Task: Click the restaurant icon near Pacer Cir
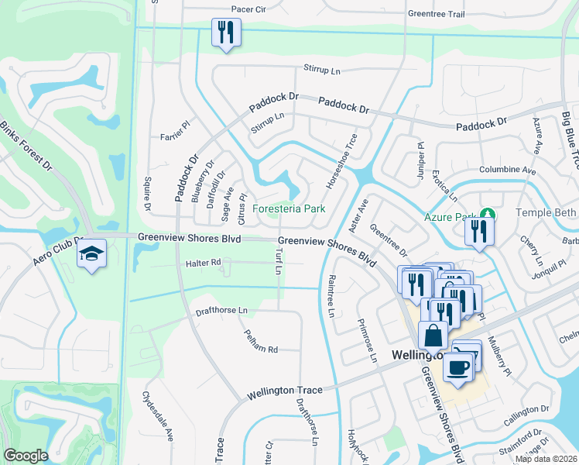click(x=226, y=33)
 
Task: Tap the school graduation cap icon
click(x=92, y=253)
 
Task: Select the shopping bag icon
click(x=433, y=335)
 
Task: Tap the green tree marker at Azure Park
click(x=487, y=215)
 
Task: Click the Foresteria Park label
click(x=289, y=208)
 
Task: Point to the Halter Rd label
click(x=204, y=263)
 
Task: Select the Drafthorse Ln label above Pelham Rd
click(x=221, y=310)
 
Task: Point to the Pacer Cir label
click(x=248, y=9)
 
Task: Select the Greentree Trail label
click(x=436, y=14)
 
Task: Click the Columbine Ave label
click(x=507, y=170)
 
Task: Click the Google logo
click(x=26, y=456)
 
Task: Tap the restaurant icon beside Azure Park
click(x=479, y=230)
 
